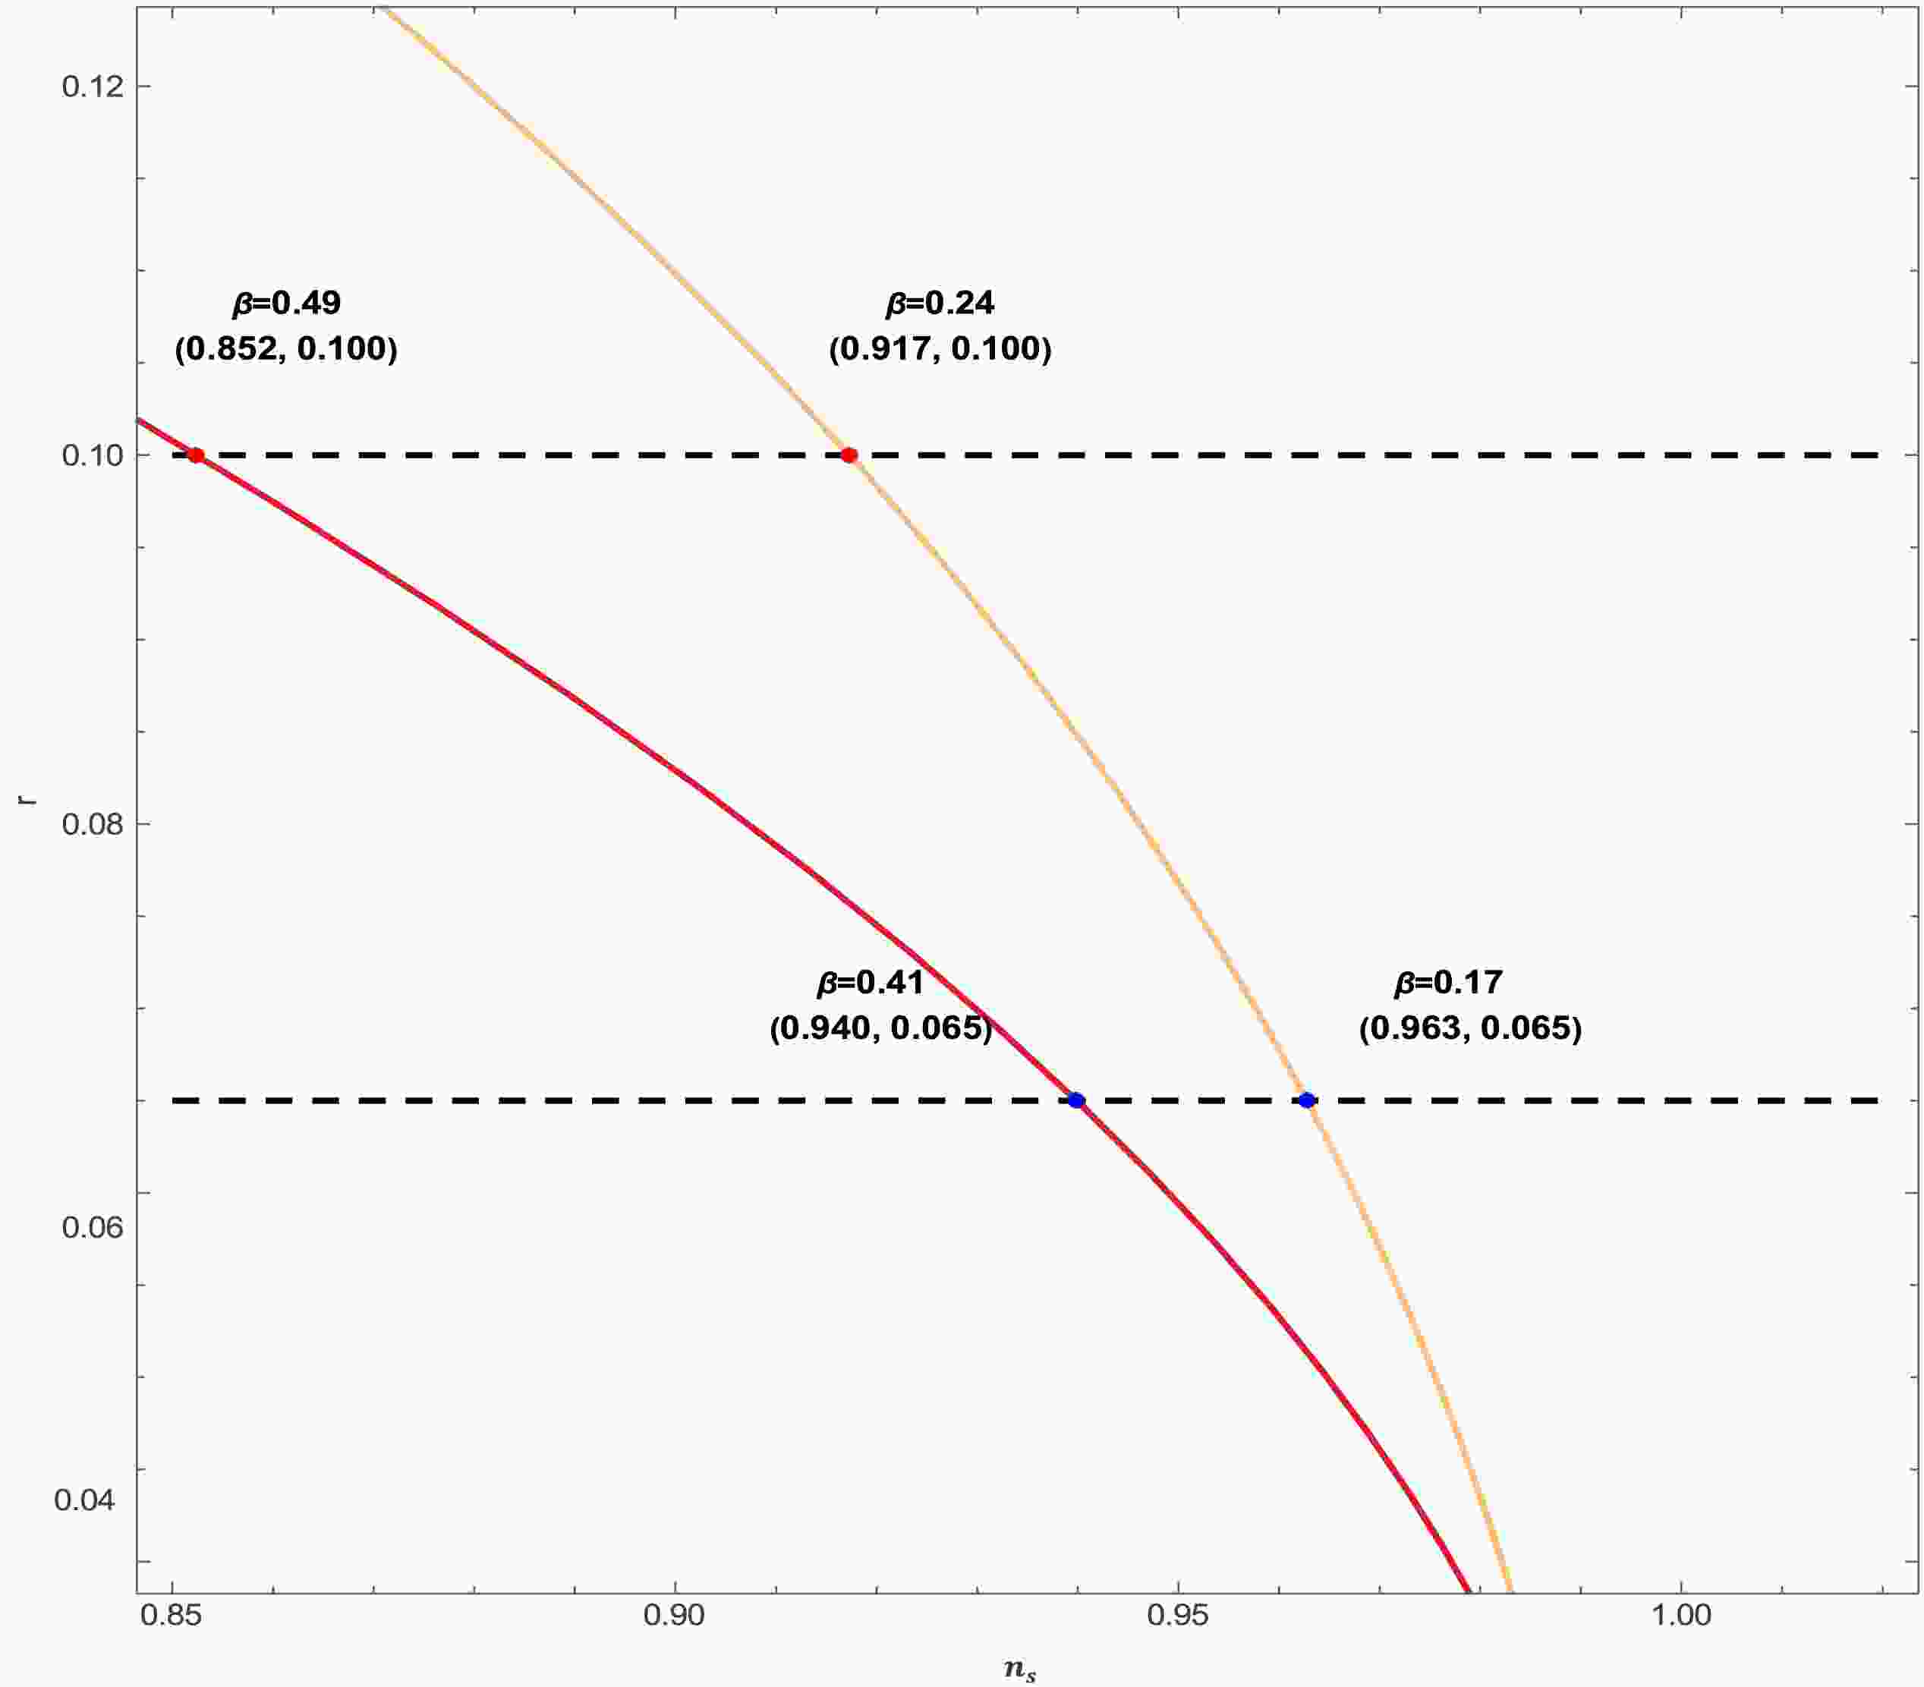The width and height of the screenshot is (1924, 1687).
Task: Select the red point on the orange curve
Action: tap(849, 455)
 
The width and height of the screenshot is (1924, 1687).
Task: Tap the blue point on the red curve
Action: tap(1077, 1100)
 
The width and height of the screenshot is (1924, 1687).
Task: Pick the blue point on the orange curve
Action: tap(1306, 1100)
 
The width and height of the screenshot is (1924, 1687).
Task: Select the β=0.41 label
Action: tap(870, 983)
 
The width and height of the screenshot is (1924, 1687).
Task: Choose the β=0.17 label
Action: tap(1447, 983)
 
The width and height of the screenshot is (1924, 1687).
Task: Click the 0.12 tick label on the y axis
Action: tap(93, 87)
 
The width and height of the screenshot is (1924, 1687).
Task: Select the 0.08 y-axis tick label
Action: tap(93, 825)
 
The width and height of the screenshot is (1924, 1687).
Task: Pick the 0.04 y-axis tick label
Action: tap(85, 1500)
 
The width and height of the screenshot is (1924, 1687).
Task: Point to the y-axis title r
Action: tap(30, 798)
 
